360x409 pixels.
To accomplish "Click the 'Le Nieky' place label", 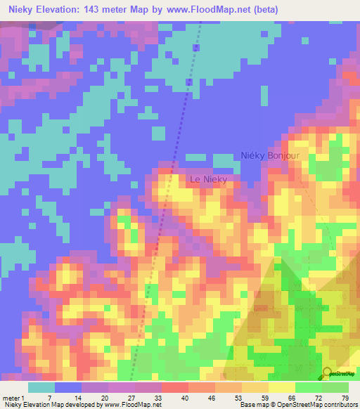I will (210, 180).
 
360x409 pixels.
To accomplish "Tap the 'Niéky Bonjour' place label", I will (270, 155).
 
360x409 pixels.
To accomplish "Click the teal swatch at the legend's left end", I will (41, 387).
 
